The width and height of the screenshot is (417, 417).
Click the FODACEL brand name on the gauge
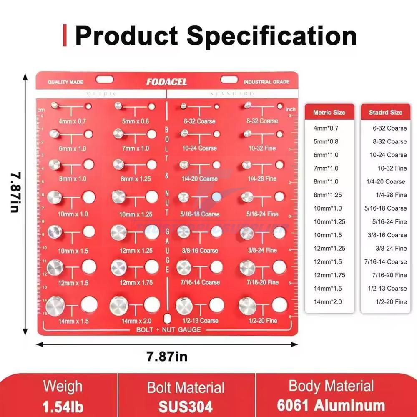pos(166,82)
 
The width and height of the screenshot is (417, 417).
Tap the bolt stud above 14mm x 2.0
pos(119,306)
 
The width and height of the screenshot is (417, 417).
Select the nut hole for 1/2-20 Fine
pos(279,305)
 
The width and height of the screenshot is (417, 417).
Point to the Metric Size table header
pos(329,112)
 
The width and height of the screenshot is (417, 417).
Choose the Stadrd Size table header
pos(386,112)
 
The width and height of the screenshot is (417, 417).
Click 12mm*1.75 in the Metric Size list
pos(329,275)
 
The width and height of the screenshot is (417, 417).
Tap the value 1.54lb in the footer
pos(63,406)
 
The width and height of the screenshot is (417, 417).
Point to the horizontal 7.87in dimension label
pos(167,357)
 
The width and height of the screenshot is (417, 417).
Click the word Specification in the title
pos(271,36)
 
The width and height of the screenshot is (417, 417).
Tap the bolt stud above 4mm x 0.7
pos(54,105)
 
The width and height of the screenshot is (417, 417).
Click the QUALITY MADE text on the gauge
pos(65,82)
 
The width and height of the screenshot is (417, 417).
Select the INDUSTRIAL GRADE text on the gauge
pos(266,82)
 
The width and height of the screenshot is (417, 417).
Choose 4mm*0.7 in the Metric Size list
pos(326,128)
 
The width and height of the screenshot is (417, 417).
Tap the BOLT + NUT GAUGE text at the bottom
pos(168,329)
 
